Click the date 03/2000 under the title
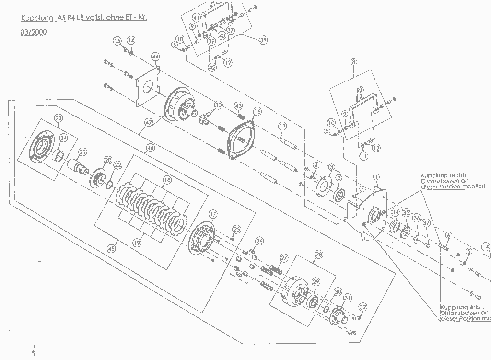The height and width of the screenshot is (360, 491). [x=33, y=32]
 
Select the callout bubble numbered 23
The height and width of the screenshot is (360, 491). [x=58, y=118]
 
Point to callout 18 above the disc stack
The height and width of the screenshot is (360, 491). [x=167, y=180]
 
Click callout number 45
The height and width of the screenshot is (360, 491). [x=111, y=248]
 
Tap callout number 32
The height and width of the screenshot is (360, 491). [x=362, y=307]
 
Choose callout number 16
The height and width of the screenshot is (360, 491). [x=257, y=111]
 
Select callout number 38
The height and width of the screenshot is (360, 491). [x=263, y=41]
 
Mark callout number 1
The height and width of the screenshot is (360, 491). [x=376, y=176]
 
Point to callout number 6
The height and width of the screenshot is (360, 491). [x=448, y=235]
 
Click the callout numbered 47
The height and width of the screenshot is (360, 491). [x=148, y=122]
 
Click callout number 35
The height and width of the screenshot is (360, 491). [x=406, y=212]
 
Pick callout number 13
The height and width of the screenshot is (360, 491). [x=282, y=126]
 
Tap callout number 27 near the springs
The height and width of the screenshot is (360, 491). [x=284, y=258]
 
